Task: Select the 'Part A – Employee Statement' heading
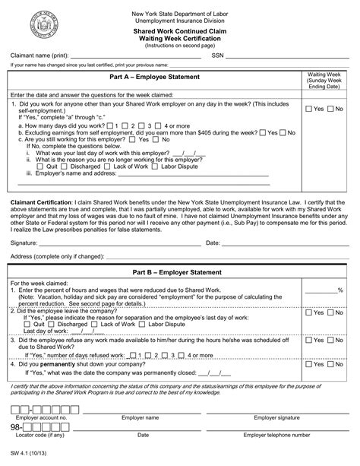[x=154, y=78]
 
